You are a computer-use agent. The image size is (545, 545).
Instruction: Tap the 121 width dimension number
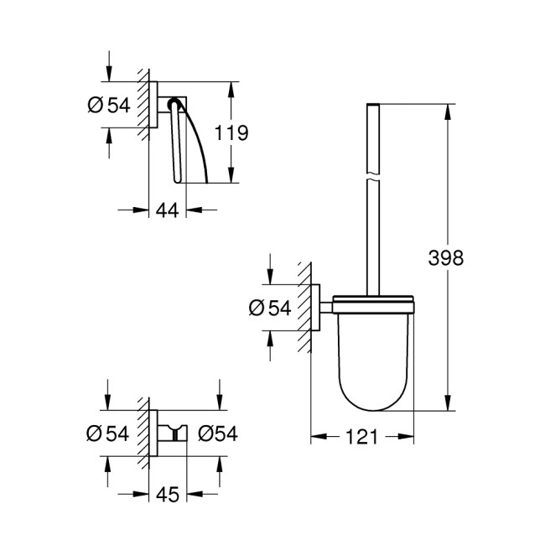coord(363,438)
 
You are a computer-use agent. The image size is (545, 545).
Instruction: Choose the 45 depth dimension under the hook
coord(169,496)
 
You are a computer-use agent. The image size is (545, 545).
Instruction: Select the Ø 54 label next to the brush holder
coord(269,309)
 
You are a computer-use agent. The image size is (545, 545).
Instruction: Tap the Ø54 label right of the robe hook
coord(218,433)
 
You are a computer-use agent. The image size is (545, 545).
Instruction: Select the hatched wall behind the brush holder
coord(307,309)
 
